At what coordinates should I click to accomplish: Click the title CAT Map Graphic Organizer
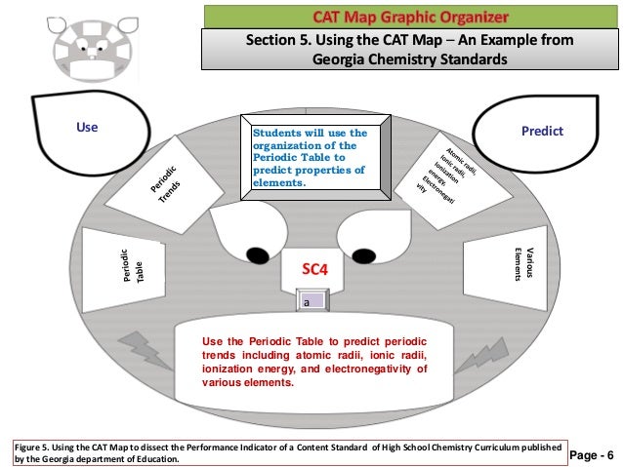coord(410,17)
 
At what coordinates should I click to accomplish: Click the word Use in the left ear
coord(88,128)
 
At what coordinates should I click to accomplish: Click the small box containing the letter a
coord(306,304)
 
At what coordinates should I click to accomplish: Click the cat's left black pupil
coord(257,255)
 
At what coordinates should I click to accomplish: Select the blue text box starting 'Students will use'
coord(310,157)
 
